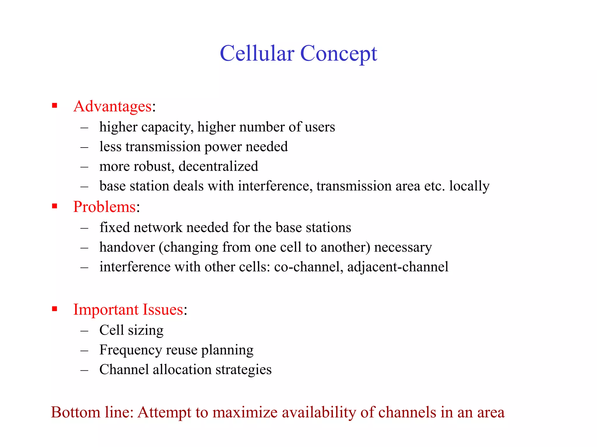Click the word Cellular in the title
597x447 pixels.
[257, 54]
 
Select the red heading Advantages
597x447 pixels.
[113, 106]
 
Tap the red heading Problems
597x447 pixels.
[104, 207]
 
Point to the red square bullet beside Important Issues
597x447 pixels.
[55, 308]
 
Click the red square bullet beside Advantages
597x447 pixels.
[55, 105]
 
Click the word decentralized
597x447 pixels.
[218, 166]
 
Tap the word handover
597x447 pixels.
[127, 247]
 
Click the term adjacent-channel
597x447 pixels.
[398, 267]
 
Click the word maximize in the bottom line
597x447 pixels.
[245, 412]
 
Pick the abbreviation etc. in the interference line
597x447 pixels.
[434, 186]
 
